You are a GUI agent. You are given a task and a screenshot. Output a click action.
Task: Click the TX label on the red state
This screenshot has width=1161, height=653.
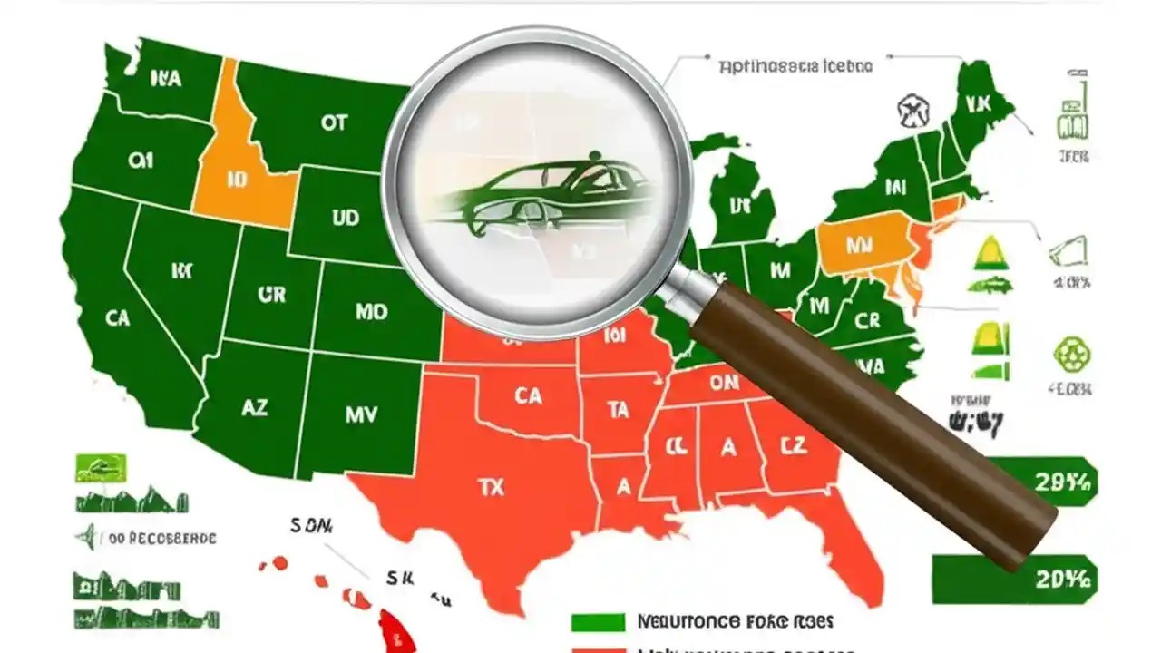click(490, 486)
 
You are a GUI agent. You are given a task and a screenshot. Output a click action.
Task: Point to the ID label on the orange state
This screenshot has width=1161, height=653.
click(238, 180)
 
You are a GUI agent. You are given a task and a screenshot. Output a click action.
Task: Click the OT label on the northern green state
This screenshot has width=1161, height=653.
click(334, 122)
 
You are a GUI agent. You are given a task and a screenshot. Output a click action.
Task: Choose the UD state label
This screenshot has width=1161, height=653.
click(345, 218)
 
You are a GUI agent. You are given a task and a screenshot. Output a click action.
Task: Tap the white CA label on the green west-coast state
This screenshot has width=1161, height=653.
click(117, 317)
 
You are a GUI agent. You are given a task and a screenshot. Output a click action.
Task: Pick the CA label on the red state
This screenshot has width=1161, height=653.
click(528, 395)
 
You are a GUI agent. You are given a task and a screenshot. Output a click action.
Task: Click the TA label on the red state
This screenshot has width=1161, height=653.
click(619, 410)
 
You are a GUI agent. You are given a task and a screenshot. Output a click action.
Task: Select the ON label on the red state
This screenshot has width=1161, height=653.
click(724, 384)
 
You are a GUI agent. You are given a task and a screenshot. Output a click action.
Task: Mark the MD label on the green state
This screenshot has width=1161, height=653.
click(370, 312)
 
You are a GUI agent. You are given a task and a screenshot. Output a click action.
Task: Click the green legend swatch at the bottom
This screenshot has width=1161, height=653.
click(598, 623)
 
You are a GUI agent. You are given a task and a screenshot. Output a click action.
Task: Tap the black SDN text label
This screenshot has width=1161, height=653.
click(311, 525)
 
